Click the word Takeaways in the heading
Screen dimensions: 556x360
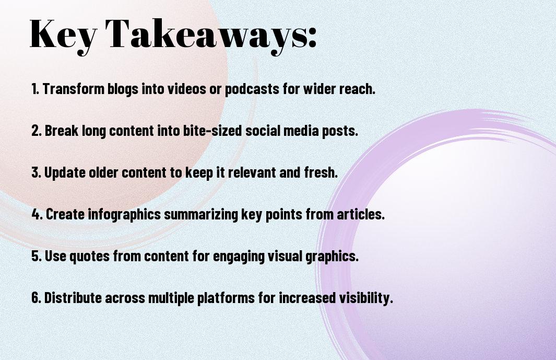pos(206,35)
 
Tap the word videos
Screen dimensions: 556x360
pos(186,89)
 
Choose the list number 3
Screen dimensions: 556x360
pos(36,172)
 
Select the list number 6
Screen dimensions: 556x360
pos(36,298)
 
